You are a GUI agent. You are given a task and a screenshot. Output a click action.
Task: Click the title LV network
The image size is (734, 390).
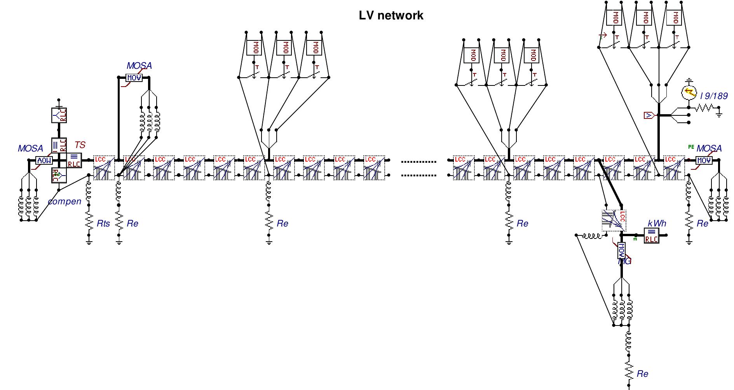391,16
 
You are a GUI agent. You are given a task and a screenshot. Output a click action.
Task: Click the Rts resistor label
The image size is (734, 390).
103,223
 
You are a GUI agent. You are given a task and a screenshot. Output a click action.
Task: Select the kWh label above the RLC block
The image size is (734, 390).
657,223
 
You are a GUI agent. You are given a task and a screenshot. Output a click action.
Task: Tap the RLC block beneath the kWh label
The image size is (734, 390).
652,235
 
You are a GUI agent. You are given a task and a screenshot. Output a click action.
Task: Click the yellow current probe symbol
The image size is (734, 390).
689,92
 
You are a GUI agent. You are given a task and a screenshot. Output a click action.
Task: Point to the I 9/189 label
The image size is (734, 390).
714,96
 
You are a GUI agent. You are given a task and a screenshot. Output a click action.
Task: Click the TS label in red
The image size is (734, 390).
80,145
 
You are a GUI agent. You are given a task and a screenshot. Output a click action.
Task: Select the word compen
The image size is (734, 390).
65,201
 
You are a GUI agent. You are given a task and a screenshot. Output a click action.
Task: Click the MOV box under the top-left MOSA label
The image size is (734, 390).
134,78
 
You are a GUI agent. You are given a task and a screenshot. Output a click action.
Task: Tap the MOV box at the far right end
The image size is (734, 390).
704,160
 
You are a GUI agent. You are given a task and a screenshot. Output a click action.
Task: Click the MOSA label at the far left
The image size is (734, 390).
30,148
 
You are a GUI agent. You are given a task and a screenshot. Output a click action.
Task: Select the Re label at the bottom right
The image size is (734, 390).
642,374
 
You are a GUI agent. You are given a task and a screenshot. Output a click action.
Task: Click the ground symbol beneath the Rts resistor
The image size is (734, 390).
89,242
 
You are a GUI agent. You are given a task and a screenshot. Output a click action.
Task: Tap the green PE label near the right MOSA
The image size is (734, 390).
691,147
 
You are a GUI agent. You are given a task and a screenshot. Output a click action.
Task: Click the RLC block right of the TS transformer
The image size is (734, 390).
74,160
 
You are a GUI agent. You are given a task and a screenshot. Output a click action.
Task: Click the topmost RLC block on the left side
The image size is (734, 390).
59,115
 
